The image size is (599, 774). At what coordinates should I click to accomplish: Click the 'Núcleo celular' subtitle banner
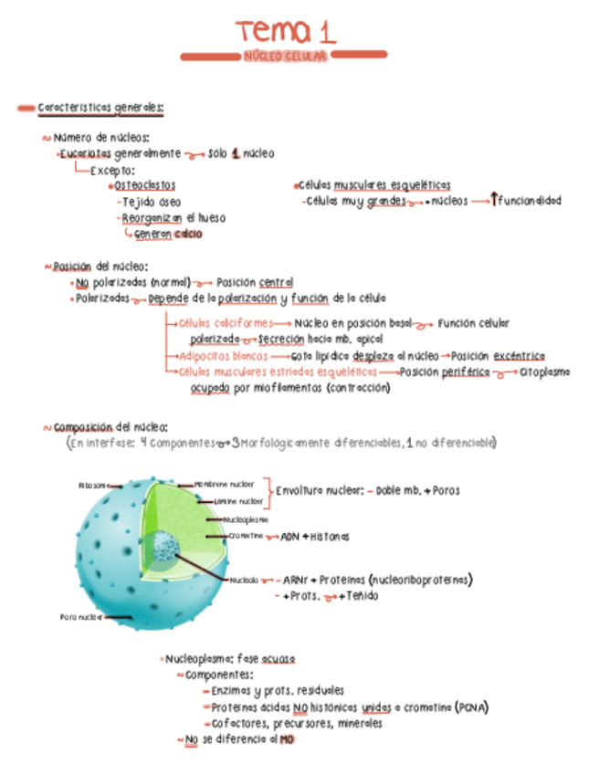click(x=286, y=57)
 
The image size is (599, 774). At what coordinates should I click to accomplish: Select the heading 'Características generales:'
click(x=100, y=109)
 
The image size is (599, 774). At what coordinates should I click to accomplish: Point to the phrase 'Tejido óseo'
click(x=151, y=202)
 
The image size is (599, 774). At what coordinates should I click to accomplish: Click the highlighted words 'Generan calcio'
click(x=168, y=235)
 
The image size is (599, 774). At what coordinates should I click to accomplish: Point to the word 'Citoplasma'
click(x=545, y=372)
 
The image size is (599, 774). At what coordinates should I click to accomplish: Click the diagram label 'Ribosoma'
click(x=92, y=486)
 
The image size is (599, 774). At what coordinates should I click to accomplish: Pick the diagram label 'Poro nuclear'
click(x=80, y=617)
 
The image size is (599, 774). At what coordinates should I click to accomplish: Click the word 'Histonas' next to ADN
click(x=329, y=537)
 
